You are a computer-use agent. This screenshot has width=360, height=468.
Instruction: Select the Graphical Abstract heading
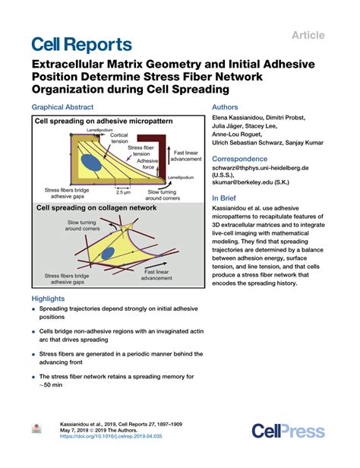65,108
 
